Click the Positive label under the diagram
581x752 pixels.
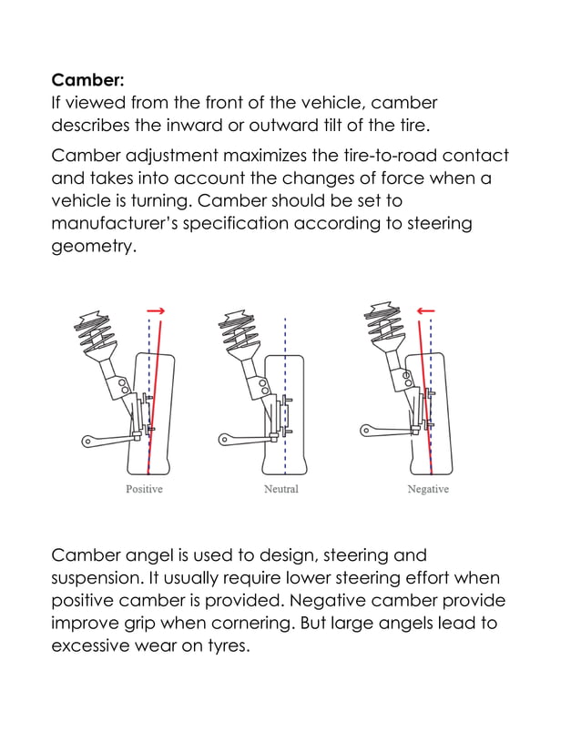click(144, 490)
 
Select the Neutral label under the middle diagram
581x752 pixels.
click(280, 490)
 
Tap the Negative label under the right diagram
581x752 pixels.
click(428, 490)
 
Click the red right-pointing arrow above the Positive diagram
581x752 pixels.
click(156, 311)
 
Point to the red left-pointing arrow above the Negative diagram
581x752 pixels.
click(424, 311)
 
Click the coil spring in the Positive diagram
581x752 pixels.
click(97, 332)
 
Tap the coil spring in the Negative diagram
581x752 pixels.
click(384, 328)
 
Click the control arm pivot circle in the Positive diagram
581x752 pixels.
click(88, 442)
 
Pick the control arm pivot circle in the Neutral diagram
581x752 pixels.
click(223, 440)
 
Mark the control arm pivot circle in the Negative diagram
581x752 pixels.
click(367, 427)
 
